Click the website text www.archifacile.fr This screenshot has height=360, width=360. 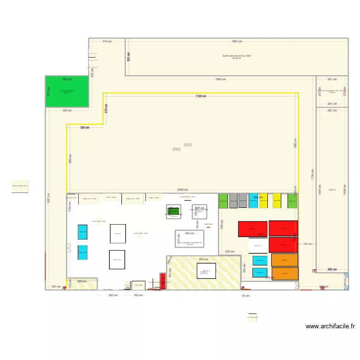330,326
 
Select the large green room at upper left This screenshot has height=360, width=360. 67,92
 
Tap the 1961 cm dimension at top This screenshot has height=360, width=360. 237,41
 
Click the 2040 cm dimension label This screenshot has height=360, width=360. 182,190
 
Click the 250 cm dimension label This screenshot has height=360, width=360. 190,233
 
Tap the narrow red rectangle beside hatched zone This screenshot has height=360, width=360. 163,281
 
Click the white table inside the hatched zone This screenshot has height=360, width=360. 206,271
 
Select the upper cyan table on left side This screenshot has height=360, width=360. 83,232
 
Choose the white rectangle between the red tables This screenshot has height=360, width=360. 258,245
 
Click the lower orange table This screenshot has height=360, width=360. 285,274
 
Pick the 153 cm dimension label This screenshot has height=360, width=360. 307,244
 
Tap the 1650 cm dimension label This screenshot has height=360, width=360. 221,79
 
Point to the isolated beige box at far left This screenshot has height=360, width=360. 20,186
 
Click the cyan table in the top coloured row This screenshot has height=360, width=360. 253,201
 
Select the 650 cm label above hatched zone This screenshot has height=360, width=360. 204,259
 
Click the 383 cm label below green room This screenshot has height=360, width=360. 67,110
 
